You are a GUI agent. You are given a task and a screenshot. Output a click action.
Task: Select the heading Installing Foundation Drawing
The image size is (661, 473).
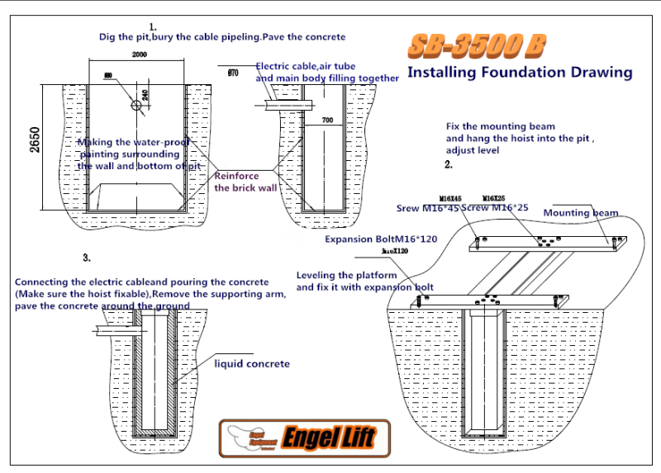520,72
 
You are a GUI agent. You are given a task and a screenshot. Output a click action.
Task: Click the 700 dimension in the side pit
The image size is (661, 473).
327,121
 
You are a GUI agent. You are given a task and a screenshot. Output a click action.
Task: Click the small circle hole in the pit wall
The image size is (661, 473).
135,105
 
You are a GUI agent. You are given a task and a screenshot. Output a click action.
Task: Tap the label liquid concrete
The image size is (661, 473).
252,363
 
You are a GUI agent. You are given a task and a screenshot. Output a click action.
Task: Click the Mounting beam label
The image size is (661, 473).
580,212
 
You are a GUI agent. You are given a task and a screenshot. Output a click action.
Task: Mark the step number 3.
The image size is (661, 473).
86,258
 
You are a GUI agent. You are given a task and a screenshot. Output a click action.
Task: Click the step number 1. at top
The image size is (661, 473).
153,26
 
